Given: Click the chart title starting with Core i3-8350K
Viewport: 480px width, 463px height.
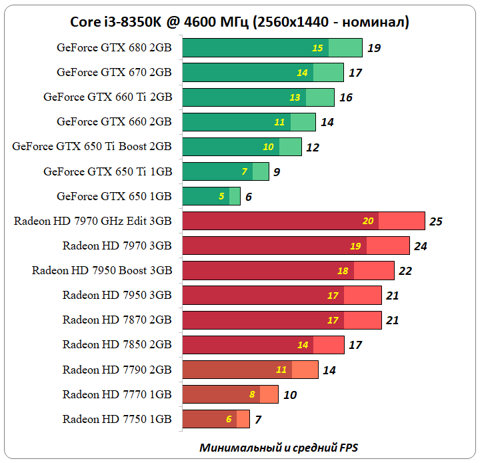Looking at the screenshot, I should click(239, 22).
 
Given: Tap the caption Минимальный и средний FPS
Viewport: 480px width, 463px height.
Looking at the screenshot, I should click(279, 447).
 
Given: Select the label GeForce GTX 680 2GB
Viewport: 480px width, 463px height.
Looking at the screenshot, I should click(114, 47).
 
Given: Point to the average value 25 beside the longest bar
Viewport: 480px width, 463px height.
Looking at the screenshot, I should click(436, 221).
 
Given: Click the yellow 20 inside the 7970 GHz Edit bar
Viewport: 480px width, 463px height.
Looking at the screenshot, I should click(368, 221).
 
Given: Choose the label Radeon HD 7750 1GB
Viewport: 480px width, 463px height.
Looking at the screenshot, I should click(117, 419).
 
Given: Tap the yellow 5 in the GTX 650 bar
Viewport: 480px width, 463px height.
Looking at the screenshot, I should click(221, 197).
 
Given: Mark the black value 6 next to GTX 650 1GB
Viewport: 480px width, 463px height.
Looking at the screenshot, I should click(249, 197).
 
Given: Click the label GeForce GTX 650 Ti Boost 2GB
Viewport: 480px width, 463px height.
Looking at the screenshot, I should click(92, 147).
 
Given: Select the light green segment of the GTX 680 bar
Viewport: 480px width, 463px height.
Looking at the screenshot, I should click(345, 48).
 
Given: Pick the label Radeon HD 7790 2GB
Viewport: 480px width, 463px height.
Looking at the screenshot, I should click(117, 370).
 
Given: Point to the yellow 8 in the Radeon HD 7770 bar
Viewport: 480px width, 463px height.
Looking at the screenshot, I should click(252, 394).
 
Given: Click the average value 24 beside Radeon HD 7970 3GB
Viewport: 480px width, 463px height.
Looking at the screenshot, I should click(420, 246).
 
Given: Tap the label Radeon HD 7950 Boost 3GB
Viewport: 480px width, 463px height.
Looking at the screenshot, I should click(102, 271).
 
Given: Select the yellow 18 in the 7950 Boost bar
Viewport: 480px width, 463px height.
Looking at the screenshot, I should click(343, 271).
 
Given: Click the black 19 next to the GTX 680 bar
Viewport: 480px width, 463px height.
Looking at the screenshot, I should click(374, 48).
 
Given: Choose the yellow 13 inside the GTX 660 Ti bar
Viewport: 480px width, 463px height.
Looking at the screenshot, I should click(295, 97).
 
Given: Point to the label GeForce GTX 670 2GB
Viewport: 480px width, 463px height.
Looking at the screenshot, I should click(114, 72).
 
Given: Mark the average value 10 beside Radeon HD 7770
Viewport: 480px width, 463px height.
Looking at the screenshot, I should click(290, 394).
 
